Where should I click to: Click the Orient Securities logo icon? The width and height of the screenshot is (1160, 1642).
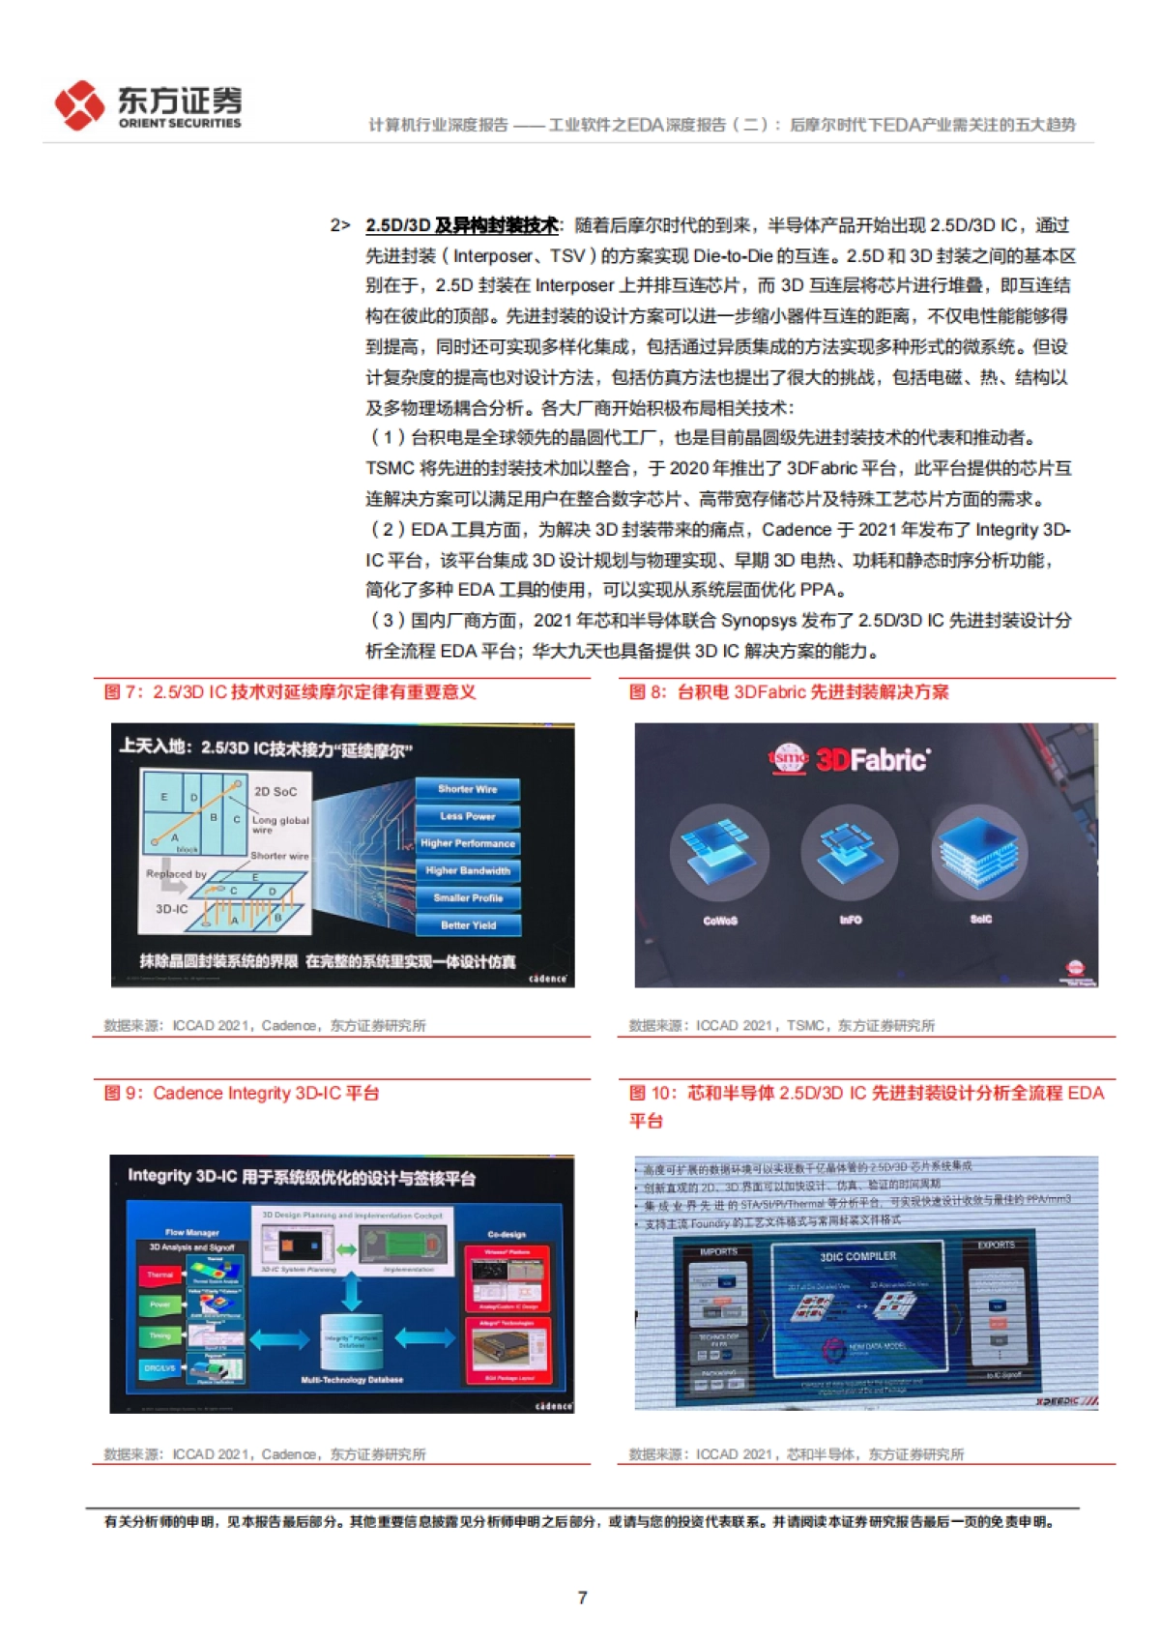click(79, 104)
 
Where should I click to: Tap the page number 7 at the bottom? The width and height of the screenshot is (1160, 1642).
click(582, 1598)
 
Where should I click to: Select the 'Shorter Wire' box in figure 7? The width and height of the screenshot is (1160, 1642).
click(468, 789)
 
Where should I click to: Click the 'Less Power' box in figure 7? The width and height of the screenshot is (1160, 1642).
click(468, 816)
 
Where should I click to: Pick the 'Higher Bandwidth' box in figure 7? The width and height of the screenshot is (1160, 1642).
click(468, 870)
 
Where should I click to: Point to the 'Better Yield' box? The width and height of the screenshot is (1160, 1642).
click(468, 925)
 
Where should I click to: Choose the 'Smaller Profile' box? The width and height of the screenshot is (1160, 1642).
click(468, 898)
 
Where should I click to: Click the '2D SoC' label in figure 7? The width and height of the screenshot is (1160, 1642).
click(275, 791)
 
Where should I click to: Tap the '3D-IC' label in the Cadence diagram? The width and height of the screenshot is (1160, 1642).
click(172, 909)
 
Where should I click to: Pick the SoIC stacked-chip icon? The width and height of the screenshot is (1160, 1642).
click(980, 849)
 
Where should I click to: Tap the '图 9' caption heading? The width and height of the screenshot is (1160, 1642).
click(242, 1094)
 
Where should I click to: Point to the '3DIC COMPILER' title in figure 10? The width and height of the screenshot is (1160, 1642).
click(858, 1256)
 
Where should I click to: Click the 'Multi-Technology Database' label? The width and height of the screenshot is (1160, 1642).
click(352, 1380)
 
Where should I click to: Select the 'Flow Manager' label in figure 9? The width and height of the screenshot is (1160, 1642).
click(192, 1233)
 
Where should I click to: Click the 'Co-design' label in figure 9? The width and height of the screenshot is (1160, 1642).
click(507, 1235)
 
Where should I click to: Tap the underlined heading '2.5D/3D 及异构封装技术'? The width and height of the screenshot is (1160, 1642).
click(461, 225)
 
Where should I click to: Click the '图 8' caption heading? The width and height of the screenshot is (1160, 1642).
click(789, 692)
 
